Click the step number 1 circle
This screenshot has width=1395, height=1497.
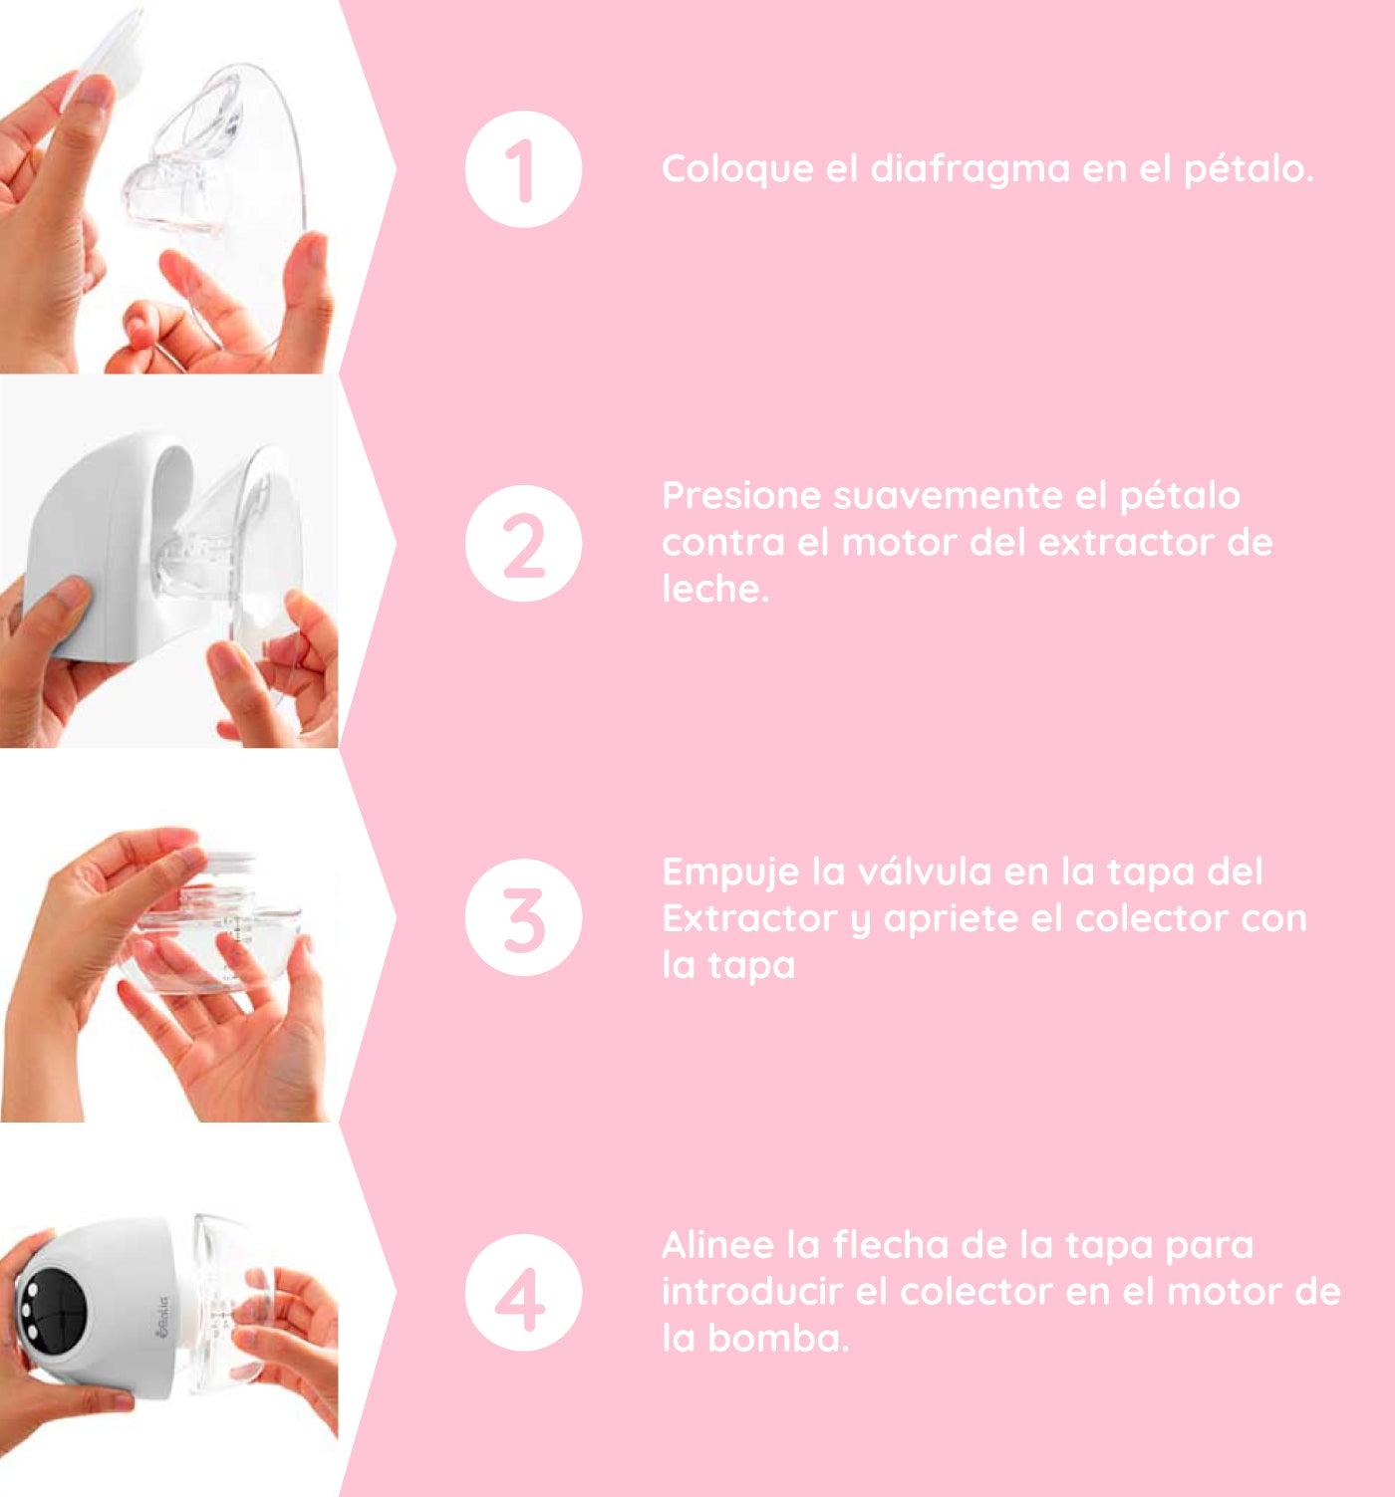[523, 169]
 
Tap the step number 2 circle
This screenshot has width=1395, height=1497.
[523, 543]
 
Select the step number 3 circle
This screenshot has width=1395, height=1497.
[523, 916]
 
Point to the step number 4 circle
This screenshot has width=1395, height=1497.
[523, 1292]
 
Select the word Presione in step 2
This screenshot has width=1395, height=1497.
[741, 496]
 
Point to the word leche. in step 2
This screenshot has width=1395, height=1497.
[715, 589]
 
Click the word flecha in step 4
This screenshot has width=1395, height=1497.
[890, 1245]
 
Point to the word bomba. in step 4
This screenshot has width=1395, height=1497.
[778, 1339]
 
